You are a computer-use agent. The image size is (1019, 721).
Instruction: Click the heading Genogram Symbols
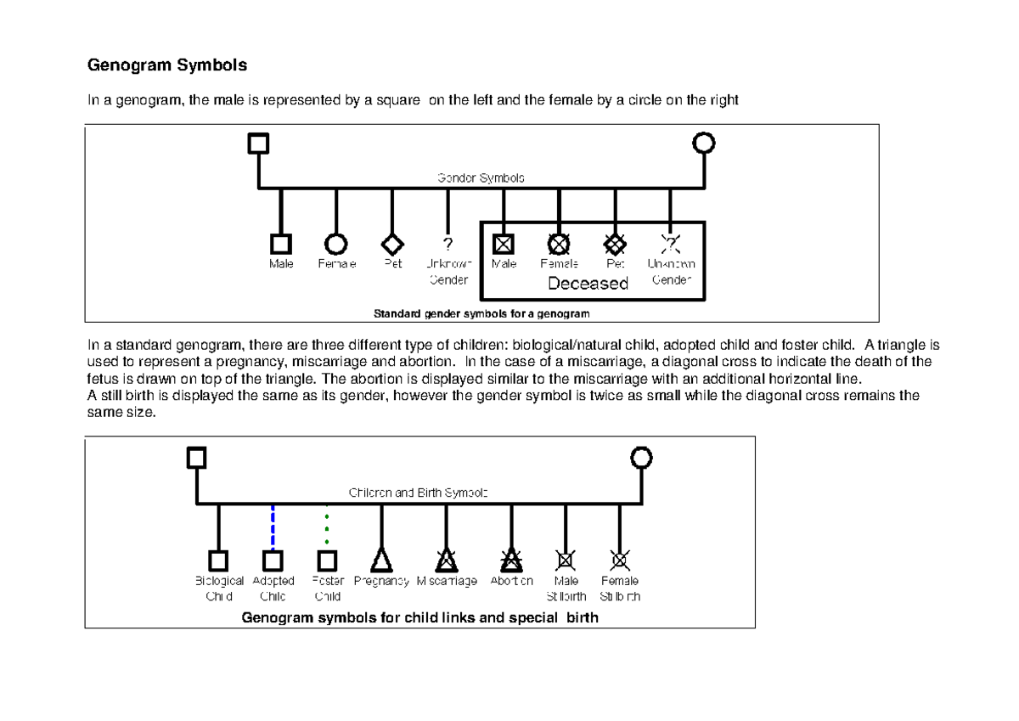(167, 65)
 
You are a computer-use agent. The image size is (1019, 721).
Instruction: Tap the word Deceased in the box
(588, 284)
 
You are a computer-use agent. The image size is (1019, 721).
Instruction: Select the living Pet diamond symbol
(391, 244)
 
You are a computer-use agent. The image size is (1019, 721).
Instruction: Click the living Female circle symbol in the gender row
(336, 244)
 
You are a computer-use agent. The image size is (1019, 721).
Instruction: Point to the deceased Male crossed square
(504, 244)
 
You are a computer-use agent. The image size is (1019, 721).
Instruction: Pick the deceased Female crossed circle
(559, 244)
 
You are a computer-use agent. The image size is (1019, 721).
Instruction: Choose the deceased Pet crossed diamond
(615, 244)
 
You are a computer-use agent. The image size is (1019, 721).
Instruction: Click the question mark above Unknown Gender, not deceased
(448, 244)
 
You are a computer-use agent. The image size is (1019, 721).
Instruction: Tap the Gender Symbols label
(481, 178)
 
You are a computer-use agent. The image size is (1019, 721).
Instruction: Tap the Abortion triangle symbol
(511, 559)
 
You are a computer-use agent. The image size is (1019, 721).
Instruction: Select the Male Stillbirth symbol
(566, 560)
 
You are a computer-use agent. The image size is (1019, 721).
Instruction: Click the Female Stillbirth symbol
(620, 560)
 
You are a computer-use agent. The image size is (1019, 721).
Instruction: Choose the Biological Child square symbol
(218, 560)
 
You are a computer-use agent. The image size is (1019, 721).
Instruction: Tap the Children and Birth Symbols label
(418, 493)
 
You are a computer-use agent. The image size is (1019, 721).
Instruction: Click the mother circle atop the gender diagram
(704, 143)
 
